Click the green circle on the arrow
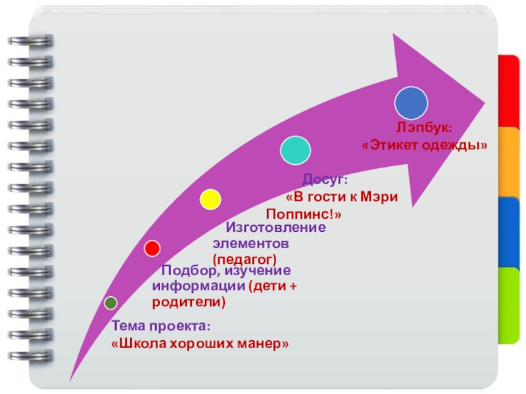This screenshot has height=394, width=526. click(110, 303)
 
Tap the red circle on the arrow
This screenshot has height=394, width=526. click(152, 248)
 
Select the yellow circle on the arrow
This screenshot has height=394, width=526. click(210, 199)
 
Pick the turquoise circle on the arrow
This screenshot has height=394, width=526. click(296, 150)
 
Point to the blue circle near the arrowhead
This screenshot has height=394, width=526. click(411, 103)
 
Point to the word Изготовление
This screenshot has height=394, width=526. click(275, 228)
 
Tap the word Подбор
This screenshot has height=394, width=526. click(187, 271)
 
